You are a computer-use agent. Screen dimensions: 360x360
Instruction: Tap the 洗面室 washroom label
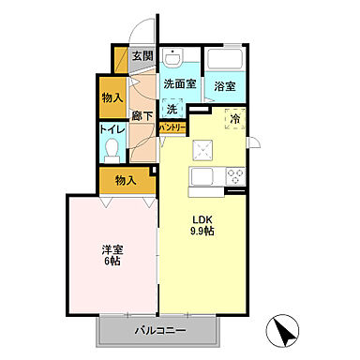coord(179,83)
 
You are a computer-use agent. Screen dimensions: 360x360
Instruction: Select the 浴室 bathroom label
coord(224,86)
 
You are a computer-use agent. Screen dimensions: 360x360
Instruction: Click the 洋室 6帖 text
coord(112,254)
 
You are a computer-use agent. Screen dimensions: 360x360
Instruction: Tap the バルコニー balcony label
coord(159,331)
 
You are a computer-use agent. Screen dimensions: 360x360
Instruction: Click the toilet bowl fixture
coord(113,150)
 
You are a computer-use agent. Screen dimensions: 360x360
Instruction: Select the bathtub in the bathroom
coord(225,61)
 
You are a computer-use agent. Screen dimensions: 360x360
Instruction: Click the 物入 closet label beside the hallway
coord(112,97)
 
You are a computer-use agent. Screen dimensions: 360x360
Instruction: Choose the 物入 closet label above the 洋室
coord(126,179)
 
